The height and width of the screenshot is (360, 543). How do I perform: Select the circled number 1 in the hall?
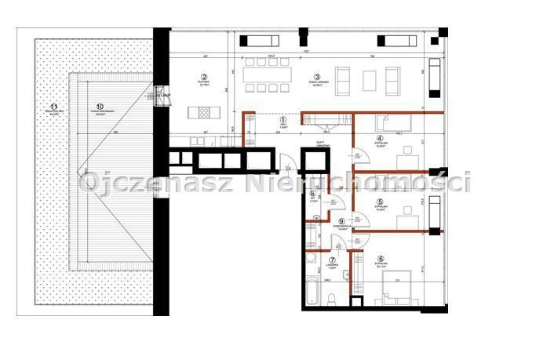(x=283, y=120)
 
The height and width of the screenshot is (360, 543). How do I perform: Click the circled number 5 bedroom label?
(x=379, y=202)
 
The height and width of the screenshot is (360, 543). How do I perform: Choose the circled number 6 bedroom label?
(x=381, y=260)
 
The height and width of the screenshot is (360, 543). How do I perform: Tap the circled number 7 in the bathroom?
(x=332, y=260)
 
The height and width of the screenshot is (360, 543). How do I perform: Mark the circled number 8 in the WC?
(x=312, y=195)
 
